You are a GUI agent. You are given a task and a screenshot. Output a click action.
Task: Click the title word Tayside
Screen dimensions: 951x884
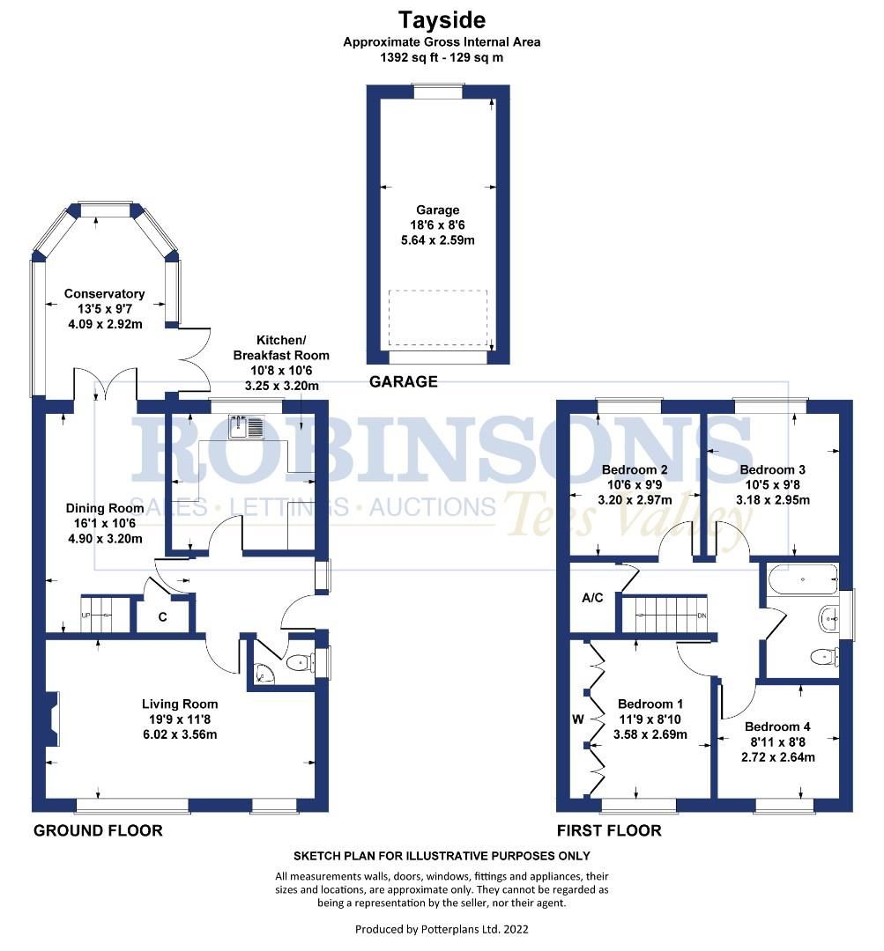[442, 19]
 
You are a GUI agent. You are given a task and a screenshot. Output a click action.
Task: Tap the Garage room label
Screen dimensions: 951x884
[438, 210]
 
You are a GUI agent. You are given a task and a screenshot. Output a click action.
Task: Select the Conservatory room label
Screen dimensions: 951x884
[104, 294]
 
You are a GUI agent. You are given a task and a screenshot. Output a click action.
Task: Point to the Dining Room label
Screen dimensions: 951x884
[104, 508]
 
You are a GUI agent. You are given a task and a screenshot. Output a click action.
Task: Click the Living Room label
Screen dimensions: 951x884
[180, 704]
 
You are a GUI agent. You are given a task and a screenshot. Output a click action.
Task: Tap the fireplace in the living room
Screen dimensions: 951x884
[54, 719]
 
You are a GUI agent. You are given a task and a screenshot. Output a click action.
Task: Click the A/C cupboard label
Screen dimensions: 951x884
[592, 598]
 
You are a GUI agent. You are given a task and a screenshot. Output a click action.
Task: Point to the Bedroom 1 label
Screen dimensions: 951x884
[650, 704]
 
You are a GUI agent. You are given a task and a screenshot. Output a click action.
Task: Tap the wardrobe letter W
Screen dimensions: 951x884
[578, 719]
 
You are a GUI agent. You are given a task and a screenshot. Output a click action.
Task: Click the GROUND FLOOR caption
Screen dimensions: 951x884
[98, 830]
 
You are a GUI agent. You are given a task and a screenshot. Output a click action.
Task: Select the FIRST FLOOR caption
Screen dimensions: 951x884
[609, 830]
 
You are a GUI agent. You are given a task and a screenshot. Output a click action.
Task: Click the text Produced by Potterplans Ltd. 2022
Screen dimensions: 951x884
[442, 929]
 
